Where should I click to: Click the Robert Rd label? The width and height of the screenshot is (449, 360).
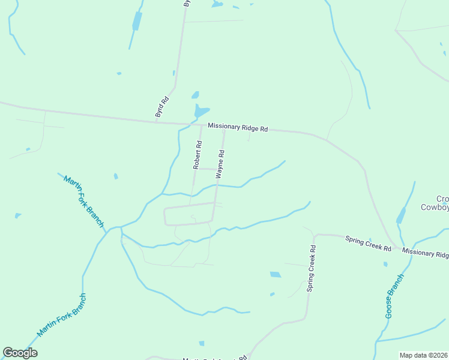point(197,155)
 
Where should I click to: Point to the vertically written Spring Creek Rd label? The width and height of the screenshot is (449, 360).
point(311,268)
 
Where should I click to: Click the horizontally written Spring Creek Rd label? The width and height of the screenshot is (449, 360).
point(368,244)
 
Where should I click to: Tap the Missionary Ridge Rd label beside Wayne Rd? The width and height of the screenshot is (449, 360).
point(238,127)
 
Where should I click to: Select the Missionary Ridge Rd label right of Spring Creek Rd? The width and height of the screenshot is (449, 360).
point(426,253)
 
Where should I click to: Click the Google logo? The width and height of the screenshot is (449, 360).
point(20,353)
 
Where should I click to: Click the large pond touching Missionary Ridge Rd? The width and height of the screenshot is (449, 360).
point(201,112)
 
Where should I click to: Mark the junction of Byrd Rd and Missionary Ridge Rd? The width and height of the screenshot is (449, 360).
point(157,122)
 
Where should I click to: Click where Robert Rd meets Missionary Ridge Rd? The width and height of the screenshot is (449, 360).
point(201,125)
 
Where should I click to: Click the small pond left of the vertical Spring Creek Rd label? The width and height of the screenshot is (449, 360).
point(276,275)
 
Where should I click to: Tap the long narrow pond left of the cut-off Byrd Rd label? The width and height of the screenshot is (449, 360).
point(137,21)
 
